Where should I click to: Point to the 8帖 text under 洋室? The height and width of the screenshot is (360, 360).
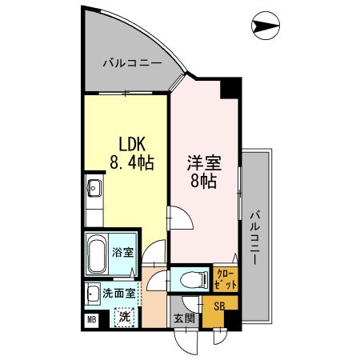click(x=202, y=180)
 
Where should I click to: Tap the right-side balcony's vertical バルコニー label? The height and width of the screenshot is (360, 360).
click(x=254, y=236)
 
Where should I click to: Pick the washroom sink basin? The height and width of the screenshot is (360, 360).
click(x=93, y=292)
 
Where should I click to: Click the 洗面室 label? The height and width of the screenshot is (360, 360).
click(x=118, y=293)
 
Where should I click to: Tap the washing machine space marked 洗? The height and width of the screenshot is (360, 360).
click(x=125, y=317)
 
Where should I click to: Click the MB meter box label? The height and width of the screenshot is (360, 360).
click(x=91, y=319)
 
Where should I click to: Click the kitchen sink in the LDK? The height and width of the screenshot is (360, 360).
click(x=94, y=190)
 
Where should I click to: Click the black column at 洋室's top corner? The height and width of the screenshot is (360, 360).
click(x=231, y=87)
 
